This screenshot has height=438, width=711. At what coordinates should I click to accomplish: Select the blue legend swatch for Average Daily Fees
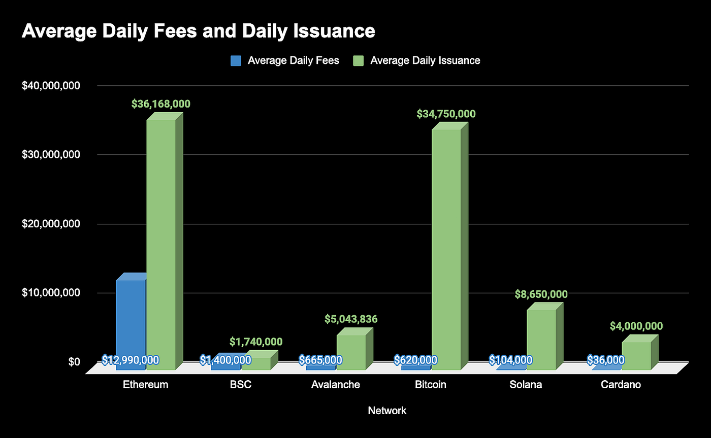236,61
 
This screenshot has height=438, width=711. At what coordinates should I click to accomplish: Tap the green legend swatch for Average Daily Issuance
359,61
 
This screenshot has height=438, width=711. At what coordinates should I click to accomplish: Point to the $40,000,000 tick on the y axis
51,86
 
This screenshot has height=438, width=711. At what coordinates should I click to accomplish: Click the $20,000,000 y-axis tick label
51,224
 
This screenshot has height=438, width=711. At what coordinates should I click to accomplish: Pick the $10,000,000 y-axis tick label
51,293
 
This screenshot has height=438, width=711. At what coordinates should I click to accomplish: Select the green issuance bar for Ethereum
161,244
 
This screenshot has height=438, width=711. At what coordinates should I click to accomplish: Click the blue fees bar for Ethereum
131,320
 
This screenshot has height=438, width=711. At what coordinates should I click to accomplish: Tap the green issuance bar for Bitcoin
446,249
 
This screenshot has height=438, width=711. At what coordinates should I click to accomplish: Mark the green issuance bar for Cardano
636,355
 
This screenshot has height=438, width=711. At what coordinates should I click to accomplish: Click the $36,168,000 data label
161,104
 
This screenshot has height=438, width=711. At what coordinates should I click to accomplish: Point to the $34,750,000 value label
446,114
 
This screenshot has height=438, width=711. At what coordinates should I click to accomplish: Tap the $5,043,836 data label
351,319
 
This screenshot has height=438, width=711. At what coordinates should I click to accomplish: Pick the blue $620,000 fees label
415,360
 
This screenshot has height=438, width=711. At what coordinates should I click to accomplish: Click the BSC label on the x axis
241,385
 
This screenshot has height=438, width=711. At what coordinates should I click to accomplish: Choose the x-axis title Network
387,411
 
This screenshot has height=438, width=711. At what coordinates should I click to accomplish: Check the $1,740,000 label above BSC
256,342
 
